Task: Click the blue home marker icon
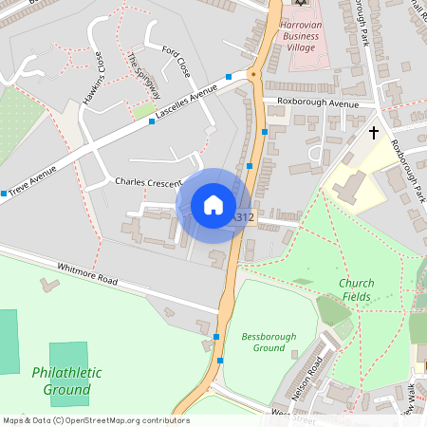[213, 204]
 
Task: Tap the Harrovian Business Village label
[301, 37]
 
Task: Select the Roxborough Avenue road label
[318, 102]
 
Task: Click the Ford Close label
[176, 61]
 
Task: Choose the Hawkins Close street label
[92, 77]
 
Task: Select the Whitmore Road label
[87, 273]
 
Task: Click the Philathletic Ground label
[66, 381]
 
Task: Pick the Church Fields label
[356, 289]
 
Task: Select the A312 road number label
[244, 217]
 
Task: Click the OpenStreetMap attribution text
[95, 420]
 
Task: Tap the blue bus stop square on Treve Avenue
[5, 194]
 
